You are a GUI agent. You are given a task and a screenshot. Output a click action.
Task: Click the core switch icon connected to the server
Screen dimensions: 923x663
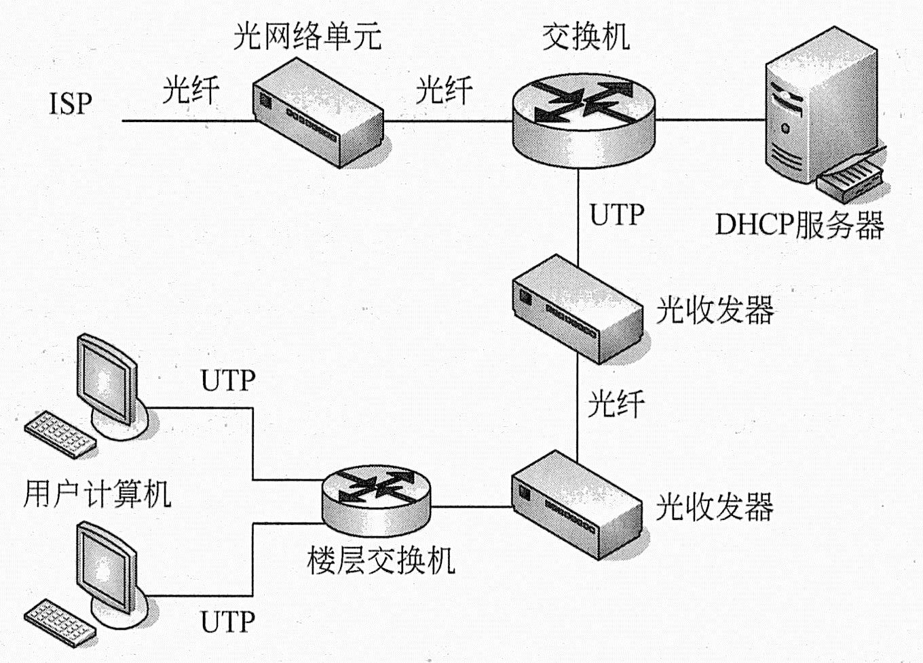click(x=584, y=121)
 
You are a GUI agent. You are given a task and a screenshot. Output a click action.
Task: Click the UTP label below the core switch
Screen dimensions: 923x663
click(x=617, y=214)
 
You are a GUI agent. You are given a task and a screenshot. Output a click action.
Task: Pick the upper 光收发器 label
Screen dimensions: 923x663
click(x=715, y=310)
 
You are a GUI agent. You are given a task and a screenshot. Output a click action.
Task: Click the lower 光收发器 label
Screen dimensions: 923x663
click(x=715, y=506)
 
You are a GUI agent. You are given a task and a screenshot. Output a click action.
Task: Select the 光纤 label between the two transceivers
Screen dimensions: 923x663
click(x=616, y=404)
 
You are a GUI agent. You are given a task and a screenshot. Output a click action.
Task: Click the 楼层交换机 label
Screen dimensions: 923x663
click(x=381, y=561)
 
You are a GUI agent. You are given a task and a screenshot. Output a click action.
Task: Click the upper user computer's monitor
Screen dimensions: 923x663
click(x=108, y=381)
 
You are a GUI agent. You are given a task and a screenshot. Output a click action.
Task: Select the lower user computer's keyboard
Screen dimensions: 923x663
click(x=60, y=624)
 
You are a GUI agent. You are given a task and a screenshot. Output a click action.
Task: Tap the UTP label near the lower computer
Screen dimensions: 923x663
click(x=228, y=622)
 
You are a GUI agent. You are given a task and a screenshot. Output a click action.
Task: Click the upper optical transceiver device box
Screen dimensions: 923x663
click(x=578, y=309)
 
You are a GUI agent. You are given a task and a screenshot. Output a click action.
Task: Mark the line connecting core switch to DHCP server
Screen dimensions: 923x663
click(x=711, y=120)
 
